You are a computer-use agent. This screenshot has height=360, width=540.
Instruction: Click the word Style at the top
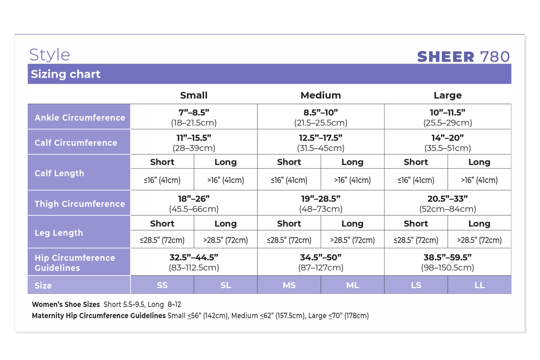point(49,55)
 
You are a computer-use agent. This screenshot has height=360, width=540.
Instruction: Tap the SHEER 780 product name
point(463,56)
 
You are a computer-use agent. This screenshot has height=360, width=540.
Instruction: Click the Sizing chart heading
point(65,74)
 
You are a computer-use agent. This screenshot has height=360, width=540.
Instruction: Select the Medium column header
point(321,95)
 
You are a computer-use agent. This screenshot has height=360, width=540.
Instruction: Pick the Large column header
point(448,95)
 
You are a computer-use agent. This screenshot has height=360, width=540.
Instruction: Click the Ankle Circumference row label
point(80,118)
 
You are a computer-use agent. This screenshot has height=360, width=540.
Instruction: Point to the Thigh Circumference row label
point(80,204)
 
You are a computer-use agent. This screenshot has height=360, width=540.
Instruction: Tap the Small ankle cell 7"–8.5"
point(194,117)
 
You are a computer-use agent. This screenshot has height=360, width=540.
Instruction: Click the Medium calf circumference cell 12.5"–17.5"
point(321,142)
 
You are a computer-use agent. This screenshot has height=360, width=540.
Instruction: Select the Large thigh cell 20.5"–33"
point(448,203)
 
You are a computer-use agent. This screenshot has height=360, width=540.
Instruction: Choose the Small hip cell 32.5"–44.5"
point(194,262)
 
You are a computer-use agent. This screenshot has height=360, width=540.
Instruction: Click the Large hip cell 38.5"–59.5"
point(448,262)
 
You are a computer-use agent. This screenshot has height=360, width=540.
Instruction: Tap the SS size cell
point(162,285)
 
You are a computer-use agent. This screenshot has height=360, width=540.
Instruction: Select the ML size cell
point(352,285)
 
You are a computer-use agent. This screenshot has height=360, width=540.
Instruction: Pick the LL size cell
point(479,285)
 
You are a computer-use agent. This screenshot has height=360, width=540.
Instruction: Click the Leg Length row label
point(59,233)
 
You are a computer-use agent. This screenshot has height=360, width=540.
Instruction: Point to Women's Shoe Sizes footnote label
point(66,304)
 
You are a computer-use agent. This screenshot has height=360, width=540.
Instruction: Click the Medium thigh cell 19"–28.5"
point(321,203)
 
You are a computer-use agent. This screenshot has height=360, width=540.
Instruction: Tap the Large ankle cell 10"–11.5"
point(448,117)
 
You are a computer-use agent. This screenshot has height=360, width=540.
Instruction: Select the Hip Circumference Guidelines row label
point(75,262)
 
